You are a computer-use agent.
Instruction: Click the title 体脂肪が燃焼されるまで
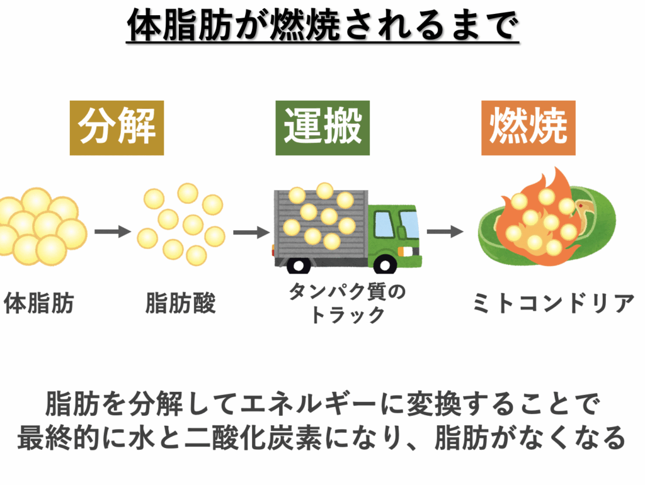point(322,25)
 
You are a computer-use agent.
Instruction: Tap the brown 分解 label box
point(117,128)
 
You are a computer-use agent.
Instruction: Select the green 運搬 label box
point(322,128)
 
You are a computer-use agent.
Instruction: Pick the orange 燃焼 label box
point(528,128)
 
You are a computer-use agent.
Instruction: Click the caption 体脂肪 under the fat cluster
point(39,303)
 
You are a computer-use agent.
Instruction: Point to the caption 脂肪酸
point(181,303)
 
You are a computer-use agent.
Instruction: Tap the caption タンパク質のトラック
point(348,303)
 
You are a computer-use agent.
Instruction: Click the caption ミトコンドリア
point(553,303)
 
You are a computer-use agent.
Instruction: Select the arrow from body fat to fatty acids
point(112,231)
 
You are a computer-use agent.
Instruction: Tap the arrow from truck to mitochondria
point(445,231)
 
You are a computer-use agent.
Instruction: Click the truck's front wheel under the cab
point(385,265)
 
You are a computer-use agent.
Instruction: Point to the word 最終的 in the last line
point(58,437)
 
